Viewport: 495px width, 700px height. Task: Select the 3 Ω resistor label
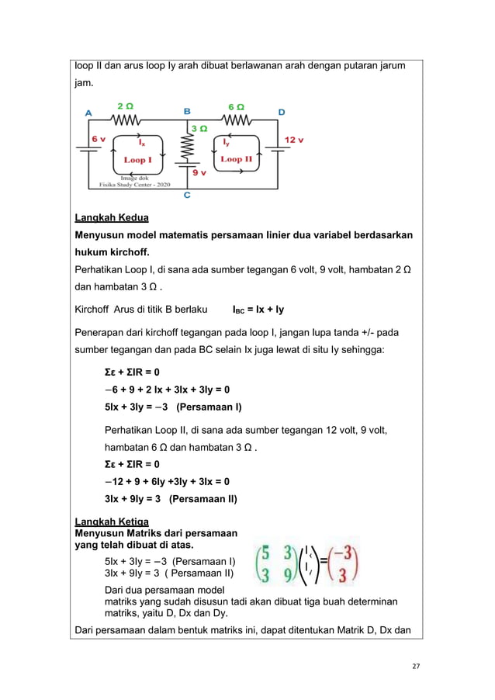[x=199, y=129]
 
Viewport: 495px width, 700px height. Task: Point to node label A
[x=88, y=113]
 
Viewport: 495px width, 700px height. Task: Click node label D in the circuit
[x=281, y=113]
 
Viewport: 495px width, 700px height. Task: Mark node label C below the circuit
[x=187, y=196]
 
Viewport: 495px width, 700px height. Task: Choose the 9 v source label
[x=199, y=173]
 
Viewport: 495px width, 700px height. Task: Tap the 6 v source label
[x=99, y=139]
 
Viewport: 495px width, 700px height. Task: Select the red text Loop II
[x=236, y=159]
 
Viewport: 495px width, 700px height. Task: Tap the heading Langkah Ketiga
[x=111, y=520]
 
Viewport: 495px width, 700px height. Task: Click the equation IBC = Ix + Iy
[x=258, y=310]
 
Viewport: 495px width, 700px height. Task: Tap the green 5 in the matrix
[x=265, y=553]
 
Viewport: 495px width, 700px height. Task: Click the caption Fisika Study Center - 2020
[x=129, y=185]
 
